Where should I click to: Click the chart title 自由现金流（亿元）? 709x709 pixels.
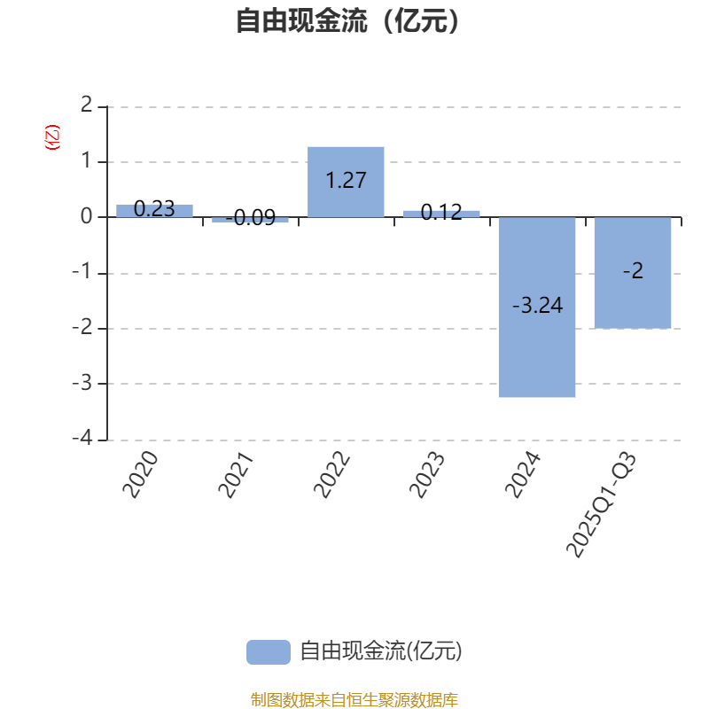pyautogui.click(x=348, y=21)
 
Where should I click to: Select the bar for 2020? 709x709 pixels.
pyautogui.click(x=154, y=210)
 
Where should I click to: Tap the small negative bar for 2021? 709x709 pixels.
pyautogui.click(x=250, y=219)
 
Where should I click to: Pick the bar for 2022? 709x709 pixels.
pyautogui.click(x=346, y=182)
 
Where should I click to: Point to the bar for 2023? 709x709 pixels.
pyautogui.click(x=441, y=214)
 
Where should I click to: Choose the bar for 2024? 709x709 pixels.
pyautogui.click(x=537, y=308)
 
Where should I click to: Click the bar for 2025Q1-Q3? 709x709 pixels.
pyautogui.click(x=633, y=273)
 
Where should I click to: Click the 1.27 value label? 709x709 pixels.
pyautogui.click(x=346, y=181)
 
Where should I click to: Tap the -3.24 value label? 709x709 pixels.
pyautogui.click(x=537, y=306)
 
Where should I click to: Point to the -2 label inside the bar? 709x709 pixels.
pyautogui.click(x=633, y=272)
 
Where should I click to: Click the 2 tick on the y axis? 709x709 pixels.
pyautogui.click(x=86, y=106)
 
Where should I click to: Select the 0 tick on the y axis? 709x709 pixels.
pyautogui.click(x=86, y=217)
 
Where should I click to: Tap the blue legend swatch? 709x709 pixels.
pyautogui.click(x=268, y=651)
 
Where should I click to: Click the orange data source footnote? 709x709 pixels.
pyautogui.click(x=354, y=700)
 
